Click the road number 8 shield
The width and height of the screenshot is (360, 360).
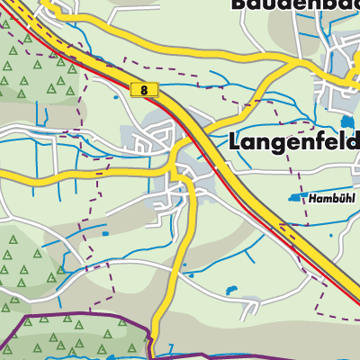tap(144, 90)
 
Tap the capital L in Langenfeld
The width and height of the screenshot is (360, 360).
tap(238, 141)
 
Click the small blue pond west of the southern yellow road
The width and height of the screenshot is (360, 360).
tap(105, 234)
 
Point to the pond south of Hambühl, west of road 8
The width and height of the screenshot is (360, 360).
tap(232, 290)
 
